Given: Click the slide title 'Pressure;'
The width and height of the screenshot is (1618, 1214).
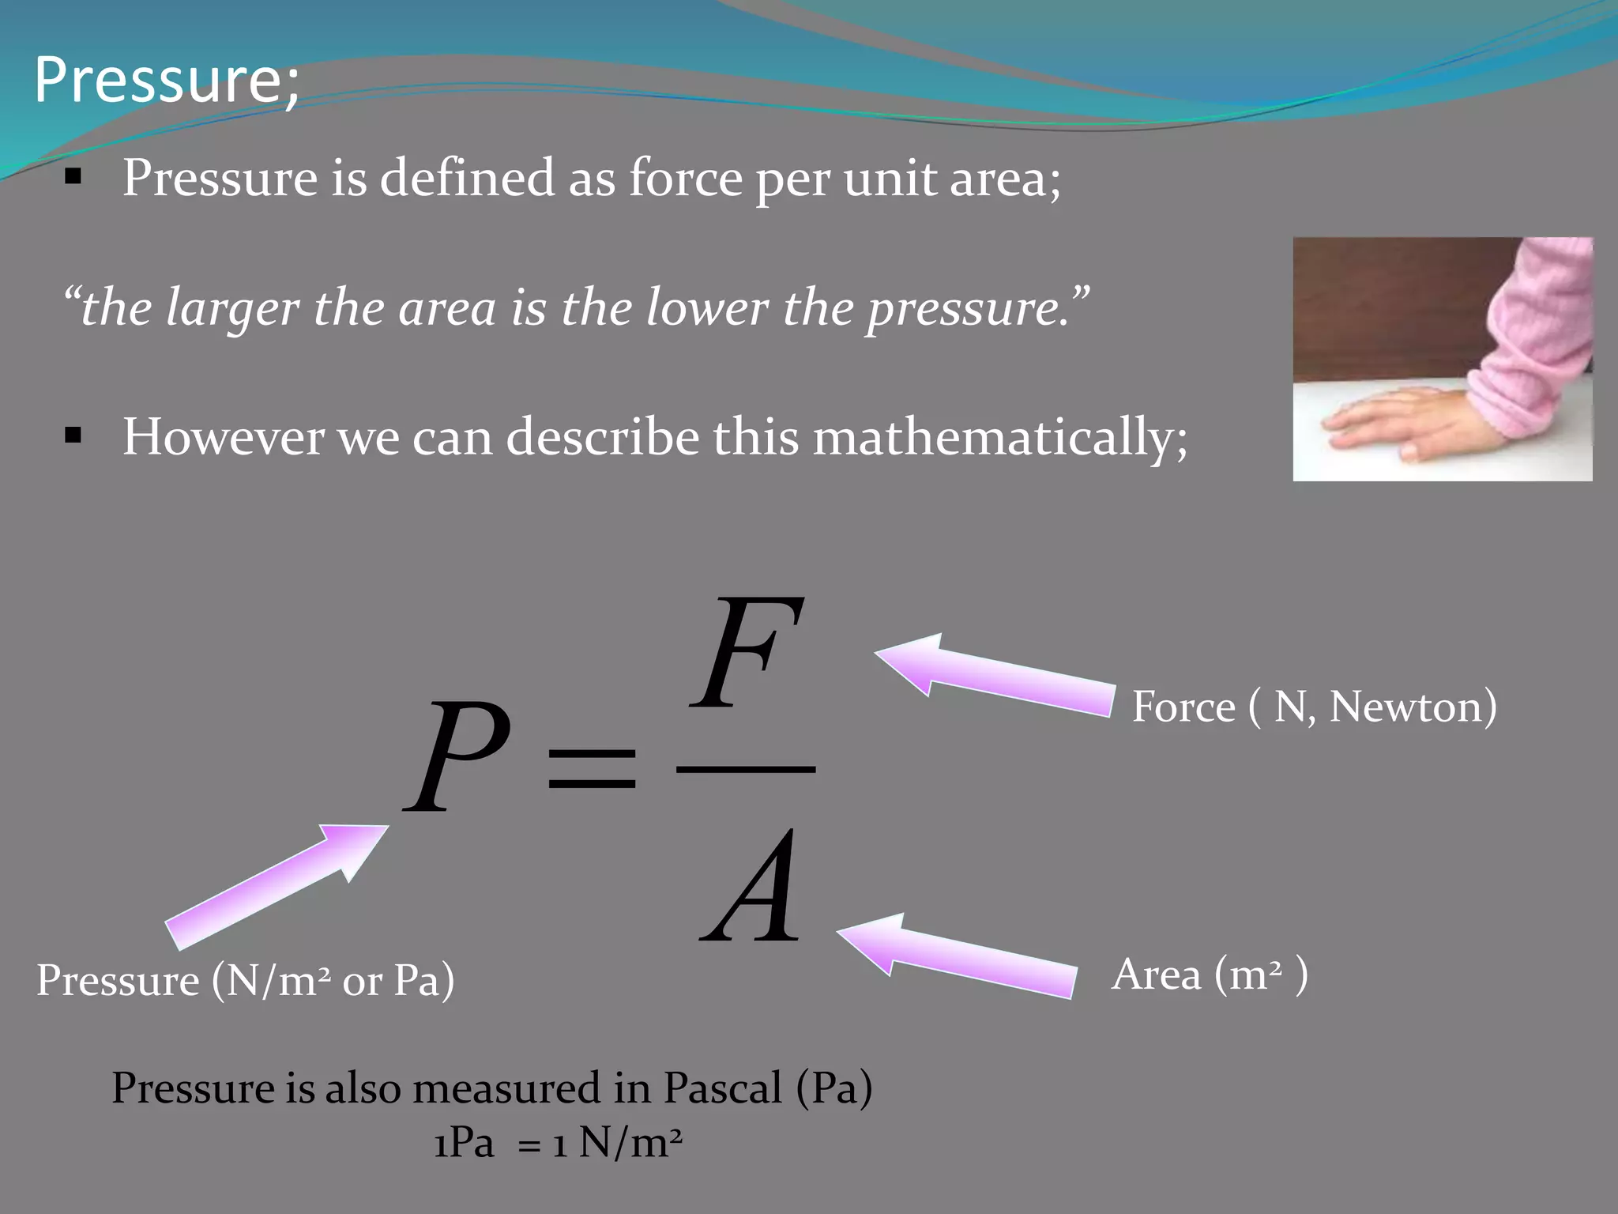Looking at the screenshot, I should click(167, 80).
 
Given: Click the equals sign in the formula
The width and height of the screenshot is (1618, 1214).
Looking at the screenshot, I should click(592, 768).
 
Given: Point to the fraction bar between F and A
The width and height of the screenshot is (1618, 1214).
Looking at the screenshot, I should click(746, 768).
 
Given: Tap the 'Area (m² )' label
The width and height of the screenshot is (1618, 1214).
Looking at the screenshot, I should click(1209, 974).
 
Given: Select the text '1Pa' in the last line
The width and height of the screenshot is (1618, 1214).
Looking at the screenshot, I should click(464, 1142).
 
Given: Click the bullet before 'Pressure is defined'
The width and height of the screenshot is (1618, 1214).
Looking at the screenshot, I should click(73, 178).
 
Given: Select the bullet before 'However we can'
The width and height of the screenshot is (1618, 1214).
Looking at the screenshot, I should click(73, 436).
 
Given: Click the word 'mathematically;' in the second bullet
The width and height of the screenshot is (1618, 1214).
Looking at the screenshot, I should click(1000, 437).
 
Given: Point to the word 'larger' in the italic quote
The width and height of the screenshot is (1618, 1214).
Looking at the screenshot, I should click(232, 307).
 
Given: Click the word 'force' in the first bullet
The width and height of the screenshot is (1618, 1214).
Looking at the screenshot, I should click(686, 177).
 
